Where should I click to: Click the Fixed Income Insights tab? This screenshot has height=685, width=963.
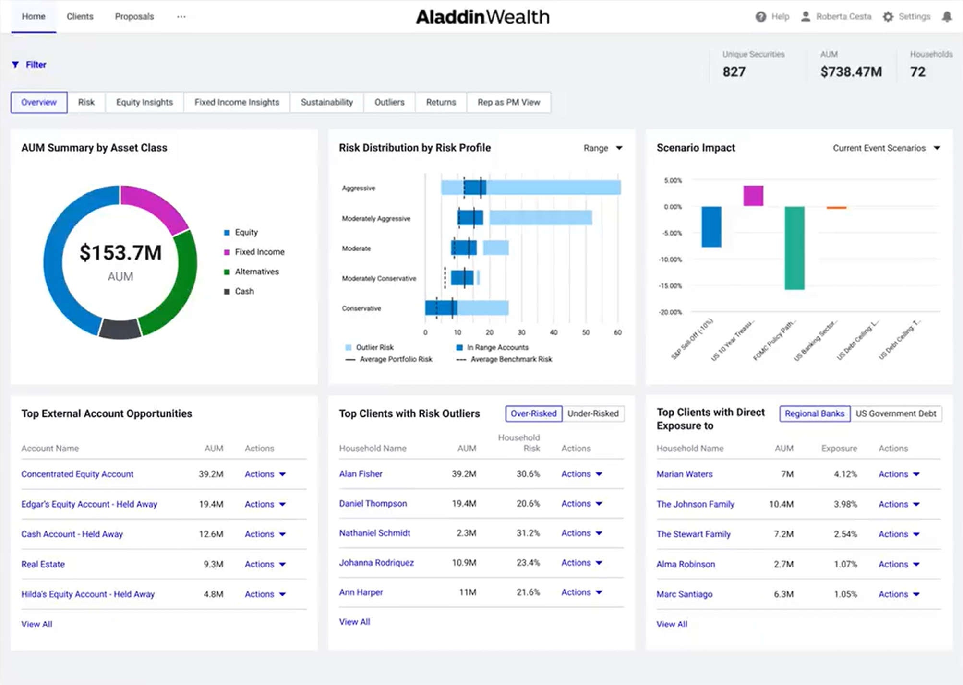(237, 102)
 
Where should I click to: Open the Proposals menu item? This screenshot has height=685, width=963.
(134, 16)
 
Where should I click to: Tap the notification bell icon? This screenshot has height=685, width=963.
(946, 17)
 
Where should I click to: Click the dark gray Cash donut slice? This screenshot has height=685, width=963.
(120, 329)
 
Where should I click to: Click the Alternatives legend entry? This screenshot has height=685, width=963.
(256, 272)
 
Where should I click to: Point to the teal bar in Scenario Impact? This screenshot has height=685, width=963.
(794, 248)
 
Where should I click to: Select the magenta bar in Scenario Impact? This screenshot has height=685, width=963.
(753, 195)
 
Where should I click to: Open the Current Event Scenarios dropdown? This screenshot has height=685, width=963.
(886, 148)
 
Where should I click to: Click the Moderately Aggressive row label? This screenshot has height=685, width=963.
(376, 218)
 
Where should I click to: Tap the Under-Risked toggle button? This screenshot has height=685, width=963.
(593, 413)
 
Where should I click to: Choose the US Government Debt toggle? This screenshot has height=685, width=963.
(895, 413)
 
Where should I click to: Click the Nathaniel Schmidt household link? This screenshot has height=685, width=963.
(374, 533)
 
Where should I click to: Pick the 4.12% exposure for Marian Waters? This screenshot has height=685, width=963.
(845, 474)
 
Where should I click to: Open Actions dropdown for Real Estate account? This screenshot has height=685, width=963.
(265, 564)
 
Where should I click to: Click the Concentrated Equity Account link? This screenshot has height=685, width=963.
(77, 474)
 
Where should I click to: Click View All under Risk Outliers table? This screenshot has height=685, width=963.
(354, 622)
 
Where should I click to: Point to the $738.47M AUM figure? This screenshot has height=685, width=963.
(851, 72)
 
